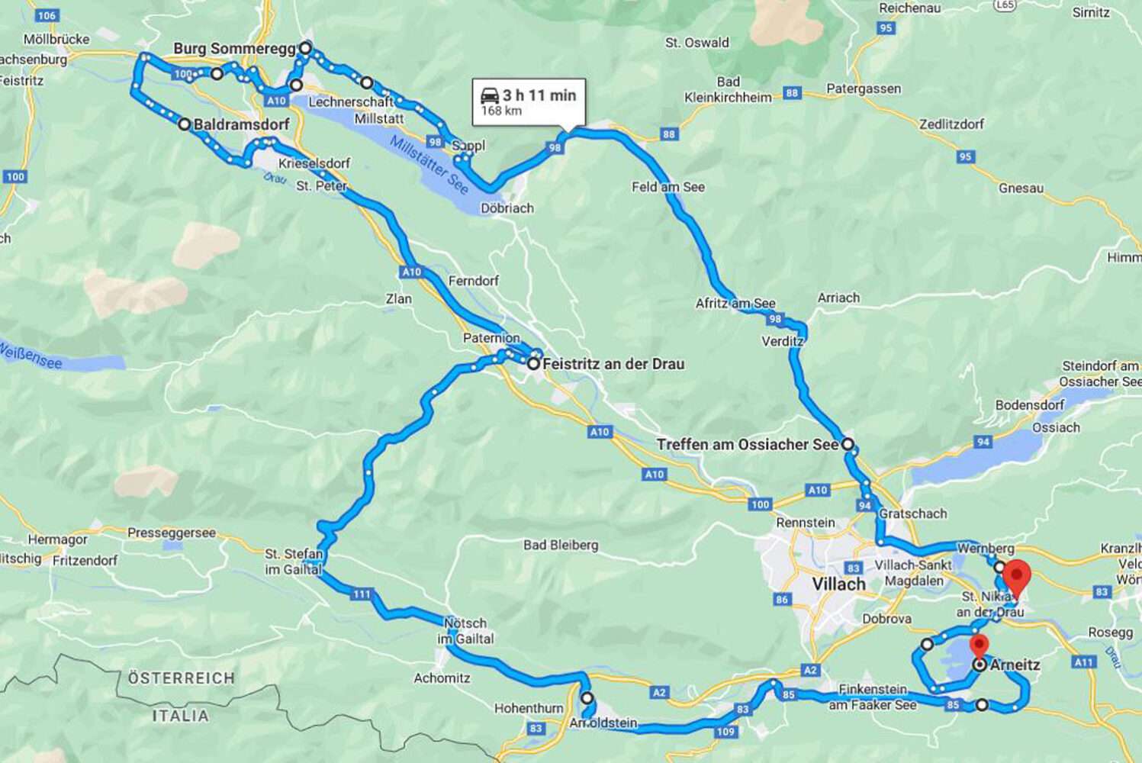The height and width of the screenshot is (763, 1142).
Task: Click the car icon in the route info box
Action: point(490,96)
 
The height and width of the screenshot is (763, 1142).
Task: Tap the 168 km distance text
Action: point(501,111)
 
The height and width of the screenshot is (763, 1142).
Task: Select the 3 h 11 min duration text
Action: point(539,95)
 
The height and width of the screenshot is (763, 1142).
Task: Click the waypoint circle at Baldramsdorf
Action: point(184,124)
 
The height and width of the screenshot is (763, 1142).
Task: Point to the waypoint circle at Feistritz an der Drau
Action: point(533,364)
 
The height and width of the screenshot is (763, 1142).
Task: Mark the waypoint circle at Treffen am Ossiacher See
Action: point(848,444)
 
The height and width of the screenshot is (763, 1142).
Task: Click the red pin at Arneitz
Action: point(978,645)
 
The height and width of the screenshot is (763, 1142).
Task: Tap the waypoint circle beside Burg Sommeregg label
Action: point(305,48)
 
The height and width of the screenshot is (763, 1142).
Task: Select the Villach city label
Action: point(838,584)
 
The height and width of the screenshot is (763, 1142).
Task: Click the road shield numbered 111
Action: point(362,594)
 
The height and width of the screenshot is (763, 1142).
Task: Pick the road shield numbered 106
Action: point(47,15)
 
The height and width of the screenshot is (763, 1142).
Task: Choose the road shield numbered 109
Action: point(725,732)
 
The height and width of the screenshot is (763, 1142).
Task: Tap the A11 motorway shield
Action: point(1084,662)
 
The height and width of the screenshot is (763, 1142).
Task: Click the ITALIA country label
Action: point(180,716)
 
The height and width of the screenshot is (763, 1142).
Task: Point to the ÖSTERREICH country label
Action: point(181,678)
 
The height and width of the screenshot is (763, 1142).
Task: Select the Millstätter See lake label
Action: point(429,165)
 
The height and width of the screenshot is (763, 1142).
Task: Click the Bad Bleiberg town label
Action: point(561,545)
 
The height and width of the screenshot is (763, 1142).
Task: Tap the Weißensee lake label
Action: point(31,356)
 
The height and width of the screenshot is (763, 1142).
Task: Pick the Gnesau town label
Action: point(1021,188)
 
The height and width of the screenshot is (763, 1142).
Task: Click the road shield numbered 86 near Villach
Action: point(783,600)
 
